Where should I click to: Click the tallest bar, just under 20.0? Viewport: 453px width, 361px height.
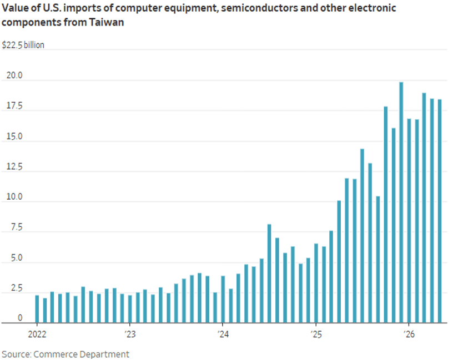click(401, 202)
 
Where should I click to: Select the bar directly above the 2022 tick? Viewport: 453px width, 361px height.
click(37, 309)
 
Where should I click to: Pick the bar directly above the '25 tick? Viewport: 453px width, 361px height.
click(316, 283)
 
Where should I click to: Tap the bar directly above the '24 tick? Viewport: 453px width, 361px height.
click(223, 299)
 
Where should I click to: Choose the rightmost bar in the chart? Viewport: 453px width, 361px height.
click(440, 211)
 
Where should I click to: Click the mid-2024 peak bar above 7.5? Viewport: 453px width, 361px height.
click(269, 273)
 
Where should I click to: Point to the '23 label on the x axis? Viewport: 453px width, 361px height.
click(130, 334)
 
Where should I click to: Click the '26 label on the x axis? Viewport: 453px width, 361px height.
click(409, 334)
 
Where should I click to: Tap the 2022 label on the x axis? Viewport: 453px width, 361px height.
click(37, 334)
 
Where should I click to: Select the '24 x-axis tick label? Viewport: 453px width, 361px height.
click(223, 334)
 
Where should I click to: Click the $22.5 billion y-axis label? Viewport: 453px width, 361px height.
click(23, 45)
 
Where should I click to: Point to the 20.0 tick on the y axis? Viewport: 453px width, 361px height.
click(14, 75)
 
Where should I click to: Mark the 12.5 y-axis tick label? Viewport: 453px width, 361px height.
click(14, 166)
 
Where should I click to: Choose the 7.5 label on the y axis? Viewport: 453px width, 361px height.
click(17, 227)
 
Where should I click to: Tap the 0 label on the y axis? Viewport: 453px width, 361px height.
click(20, 318)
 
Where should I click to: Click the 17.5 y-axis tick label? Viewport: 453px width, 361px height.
click(14, 105)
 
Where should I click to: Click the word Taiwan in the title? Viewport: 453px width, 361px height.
click(107, 22)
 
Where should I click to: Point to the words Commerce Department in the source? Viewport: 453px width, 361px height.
click(81, 354)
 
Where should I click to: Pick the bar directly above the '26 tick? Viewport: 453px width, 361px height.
click(409, 221)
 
